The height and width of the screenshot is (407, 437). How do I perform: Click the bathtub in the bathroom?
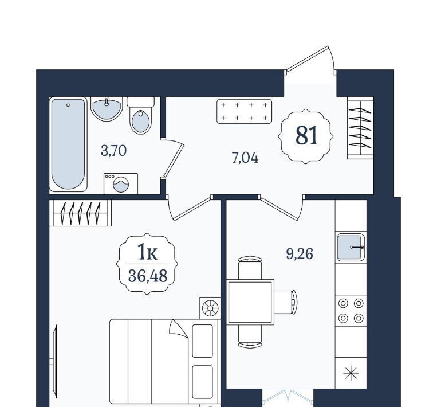tap(68, 144)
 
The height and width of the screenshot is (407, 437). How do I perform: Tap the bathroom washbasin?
tap(107, 109)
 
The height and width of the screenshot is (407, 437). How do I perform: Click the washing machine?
tap(121, 183)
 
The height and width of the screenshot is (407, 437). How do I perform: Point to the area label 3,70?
tap(114, 151)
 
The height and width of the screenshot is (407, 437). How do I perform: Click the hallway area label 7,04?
tap(245, 158)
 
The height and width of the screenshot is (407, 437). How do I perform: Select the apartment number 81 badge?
tap(306, 136)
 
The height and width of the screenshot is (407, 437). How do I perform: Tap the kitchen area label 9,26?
tap(300, 254)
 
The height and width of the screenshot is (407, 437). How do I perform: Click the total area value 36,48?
tap(148, 276)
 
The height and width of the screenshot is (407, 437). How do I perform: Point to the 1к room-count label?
tap(147, 252)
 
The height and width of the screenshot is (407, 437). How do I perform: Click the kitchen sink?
tap(351, 247)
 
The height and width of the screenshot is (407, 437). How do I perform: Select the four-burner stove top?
tap(351, 311)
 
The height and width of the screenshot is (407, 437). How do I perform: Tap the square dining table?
tap(250, 302)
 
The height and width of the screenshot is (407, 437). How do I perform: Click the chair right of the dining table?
tap(285, 302)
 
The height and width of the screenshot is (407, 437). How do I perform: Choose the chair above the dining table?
tap(250, 268)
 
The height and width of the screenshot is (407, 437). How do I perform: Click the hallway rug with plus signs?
tap(244, 111)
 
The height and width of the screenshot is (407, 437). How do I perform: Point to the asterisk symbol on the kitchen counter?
tap(351, 373)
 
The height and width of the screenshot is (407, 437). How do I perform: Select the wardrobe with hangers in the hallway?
tap(360, 128)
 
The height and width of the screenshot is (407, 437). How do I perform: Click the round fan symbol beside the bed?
tap(210, 308)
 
